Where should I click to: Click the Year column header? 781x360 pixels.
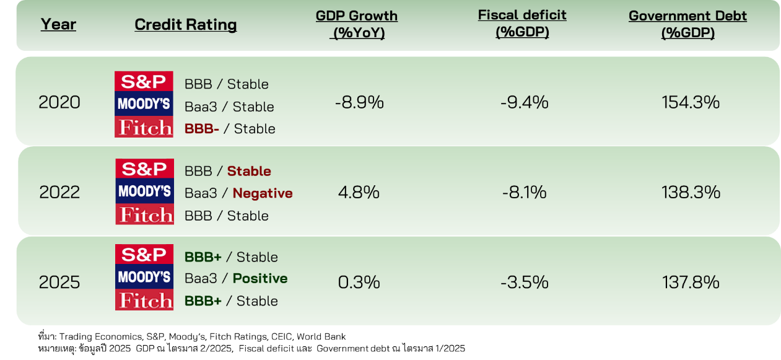click(x=58, y=25)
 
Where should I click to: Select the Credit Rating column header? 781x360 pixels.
click(x=185, y=25)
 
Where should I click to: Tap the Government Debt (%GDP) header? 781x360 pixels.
click(x=687, y=25)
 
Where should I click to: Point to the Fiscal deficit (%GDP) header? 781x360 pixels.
click(x=522, y=24)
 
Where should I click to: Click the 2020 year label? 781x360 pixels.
click(x=59, y=102)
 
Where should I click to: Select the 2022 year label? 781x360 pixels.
click(x=59, y=193)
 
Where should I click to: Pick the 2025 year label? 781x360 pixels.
click(x=59, y=283)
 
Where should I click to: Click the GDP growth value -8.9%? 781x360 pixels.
click(x=359, y=102)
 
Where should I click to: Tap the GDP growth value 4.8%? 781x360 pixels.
click(x=359, y=192)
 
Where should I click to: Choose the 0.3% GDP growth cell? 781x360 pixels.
click(x=359, y=283)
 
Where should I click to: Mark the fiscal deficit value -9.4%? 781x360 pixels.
click(x=524, y=102)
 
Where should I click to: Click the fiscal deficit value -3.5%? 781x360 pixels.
click(x=525, y=283)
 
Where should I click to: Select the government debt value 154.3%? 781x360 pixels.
click(x=691, y=102)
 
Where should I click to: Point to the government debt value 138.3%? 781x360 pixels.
click(x=691, y=192)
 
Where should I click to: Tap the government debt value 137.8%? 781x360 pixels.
click(x=691, y=283)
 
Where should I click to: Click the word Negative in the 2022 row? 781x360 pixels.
click(x=263, y=193)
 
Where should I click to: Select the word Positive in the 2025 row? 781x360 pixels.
click(x=260, y=279)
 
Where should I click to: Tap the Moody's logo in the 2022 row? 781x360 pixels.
click(x=144, y=192)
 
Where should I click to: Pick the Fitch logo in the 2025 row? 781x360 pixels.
click(x=144, y=301)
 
